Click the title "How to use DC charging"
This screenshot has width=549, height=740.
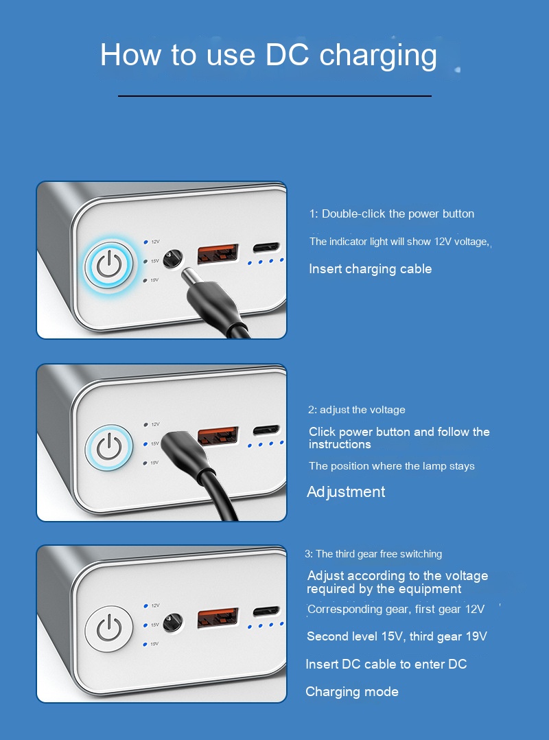coord(268,55)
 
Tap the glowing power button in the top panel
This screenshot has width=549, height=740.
coord(110,264)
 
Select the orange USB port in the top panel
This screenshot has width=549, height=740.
coord(218,254)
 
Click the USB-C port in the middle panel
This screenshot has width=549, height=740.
coord(266,430)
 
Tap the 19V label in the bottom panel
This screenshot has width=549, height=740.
coord(154,644)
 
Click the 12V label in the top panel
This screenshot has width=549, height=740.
coord(155,242)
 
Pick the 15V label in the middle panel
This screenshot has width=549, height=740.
coord(155,444)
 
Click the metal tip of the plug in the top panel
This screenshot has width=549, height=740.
coord(191,279)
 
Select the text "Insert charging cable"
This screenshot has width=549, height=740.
coord(371,269)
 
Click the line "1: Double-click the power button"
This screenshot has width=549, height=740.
coord(391,214)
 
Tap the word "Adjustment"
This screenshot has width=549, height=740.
coord(346,492)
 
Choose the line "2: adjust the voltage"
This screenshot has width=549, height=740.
coord(357,410)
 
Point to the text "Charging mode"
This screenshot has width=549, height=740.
coord(352,692)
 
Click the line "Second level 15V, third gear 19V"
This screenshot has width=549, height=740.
coord(397,636)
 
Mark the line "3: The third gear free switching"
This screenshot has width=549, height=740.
coord(373,554)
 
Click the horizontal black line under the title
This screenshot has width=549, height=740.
coord(274,96)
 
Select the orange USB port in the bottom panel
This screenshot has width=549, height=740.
coord(218,617)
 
